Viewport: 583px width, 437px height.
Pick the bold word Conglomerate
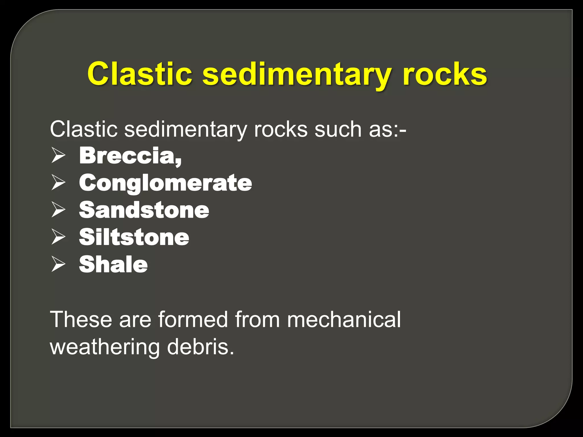[x=165, y=183]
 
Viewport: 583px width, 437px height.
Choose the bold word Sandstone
[x=144, y=210]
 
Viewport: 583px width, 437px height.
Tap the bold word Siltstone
[x=134, y=237]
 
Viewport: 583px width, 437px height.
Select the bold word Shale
[x=113, y=264]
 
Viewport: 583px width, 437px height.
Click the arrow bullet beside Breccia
[x=58, y=156]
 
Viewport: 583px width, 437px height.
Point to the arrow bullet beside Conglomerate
[x=58, y=183]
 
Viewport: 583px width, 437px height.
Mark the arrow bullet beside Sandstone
[x=58, y=210]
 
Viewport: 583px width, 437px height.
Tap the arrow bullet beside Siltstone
[x=58, y=237]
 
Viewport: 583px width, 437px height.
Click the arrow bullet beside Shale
[x=58, y=264]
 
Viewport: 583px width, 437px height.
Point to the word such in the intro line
[x=338, y=129]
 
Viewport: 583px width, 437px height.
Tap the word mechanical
[x=344, y=319]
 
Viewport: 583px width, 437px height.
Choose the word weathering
[x=105, y=347]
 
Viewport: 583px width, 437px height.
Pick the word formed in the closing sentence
[x=193, y=319]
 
